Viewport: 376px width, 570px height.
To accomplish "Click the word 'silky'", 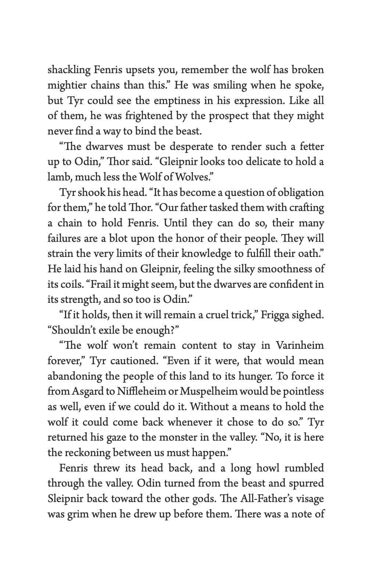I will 244,269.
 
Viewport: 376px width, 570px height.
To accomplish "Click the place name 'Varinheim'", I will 300,346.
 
